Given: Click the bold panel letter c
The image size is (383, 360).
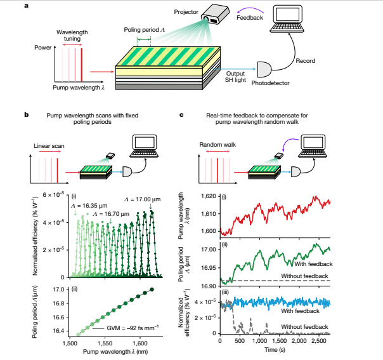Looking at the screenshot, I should pyautogui.click(x=183, y=115).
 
